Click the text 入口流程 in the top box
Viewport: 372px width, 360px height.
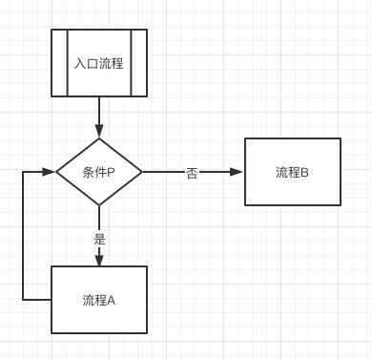click(x=99, y=64)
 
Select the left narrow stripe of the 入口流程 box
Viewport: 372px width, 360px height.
click(x=59, y=63)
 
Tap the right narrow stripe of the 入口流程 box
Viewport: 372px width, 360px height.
click(x=139, y=63)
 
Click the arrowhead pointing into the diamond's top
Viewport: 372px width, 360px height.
click(x=99, y=133)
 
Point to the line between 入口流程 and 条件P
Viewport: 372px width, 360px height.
click(x=99, y=113)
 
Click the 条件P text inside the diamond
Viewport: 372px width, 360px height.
click(x=99, y=173)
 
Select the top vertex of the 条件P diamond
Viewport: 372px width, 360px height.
click(x=99, y=139)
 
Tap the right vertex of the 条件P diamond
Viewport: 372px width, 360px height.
click(x=142, y=173)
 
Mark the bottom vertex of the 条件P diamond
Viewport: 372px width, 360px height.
click(x=99, y=205)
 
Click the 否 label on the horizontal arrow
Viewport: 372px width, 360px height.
click(x=192, y=174)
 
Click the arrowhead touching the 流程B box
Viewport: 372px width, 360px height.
click(x=238, y=173)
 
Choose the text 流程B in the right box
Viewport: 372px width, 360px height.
click(x=292, y=173)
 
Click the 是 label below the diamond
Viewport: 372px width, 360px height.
click(x=99, y=238)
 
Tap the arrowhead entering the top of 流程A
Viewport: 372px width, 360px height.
click(x=99, y=260)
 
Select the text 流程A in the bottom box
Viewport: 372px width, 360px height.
click(x=99, y=300)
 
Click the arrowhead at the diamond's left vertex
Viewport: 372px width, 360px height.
click(x=50, y=173)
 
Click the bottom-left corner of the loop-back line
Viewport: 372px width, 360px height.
click(x=22, y=300)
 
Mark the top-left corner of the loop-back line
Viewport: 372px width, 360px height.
click(x=22, y=173)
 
